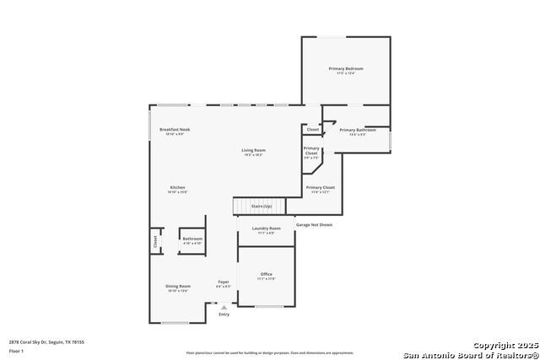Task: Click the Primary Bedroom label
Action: coord(346,68)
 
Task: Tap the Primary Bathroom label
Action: coord(358,130)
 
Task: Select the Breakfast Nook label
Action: coord(175,129)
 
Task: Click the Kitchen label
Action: coord(177,187)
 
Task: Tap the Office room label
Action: coord(267,274)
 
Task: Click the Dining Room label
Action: coord(178,286)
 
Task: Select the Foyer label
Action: coord(224,282)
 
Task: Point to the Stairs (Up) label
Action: coord(262,206)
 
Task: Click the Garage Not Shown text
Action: coord(314,225)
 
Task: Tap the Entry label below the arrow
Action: coord(224,314)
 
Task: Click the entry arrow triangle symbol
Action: coord(224,307)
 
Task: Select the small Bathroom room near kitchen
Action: coord(192,239)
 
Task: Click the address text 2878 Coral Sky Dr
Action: coord(46,342)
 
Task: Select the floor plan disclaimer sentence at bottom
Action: coord(270,352)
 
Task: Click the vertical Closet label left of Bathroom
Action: coord(155,239)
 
